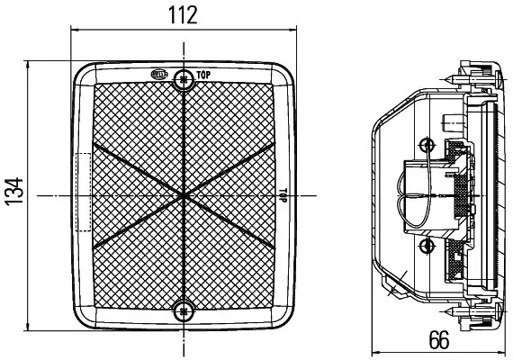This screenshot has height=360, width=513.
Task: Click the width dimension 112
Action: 184,15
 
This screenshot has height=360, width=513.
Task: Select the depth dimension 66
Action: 439,340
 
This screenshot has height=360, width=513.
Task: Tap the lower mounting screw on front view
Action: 184,311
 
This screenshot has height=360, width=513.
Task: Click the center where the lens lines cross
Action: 184,193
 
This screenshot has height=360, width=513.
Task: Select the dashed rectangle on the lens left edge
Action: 85,194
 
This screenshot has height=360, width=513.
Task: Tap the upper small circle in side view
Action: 427,144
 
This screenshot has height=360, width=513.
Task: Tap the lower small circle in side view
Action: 427,245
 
